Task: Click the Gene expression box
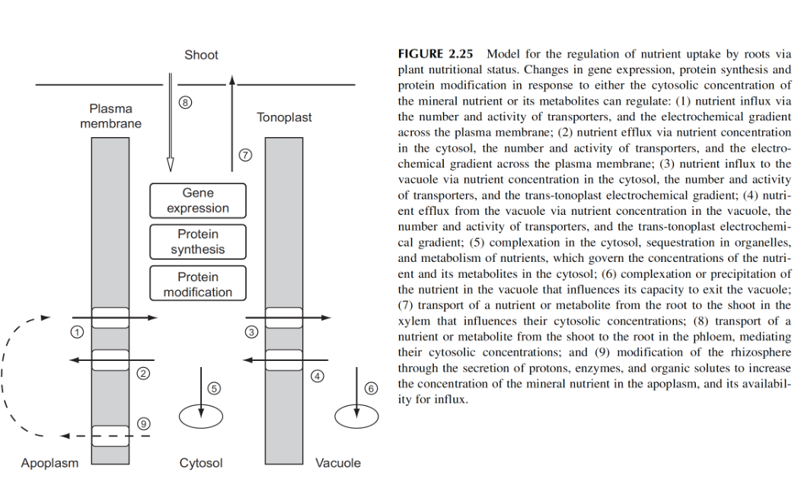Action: (198, 201)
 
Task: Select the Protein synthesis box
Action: (198, 242)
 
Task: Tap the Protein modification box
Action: (198, 284)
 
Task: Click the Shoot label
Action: (201, 55)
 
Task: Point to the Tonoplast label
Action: (284, 118)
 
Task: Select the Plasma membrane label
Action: (110, 116)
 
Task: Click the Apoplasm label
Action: (49, 463)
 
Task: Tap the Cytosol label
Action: (201, 463)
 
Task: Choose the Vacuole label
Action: (338, 463)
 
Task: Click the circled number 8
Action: (182, 103)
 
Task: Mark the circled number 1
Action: (75, 331)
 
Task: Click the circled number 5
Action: (214, 388)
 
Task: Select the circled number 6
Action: (372, 388)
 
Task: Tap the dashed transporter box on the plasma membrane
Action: (110, 435)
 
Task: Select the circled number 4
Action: (318, 375)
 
